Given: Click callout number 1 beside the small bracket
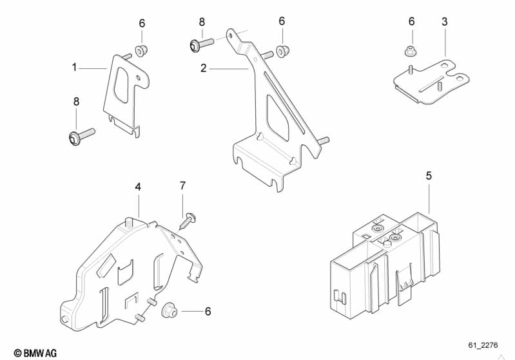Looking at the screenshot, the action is (74, 68).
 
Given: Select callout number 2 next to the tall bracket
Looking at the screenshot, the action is (203, 68).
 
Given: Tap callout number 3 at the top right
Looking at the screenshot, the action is (444, 22).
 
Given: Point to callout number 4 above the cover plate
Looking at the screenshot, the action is (138, 187).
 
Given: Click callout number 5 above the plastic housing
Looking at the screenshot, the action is (429, 176).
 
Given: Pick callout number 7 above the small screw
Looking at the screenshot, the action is (182, 185).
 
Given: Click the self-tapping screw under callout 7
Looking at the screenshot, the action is (186, 222).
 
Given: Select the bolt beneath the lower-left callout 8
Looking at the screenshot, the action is (82, 136).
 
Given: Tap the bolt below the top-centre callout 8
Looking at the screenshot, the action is (201, 44).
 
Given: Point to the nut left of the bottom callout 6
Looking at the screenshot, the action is (170, 310).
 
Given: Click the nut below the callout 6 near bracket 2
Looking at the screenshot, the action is (282, 51).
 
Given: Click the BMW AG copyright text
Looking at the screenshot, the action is (35, 353).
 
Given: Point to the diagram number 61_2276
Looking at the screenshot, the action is (483, 345).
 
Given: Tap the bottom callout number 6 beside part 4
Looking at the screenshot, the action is (208, 311).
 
